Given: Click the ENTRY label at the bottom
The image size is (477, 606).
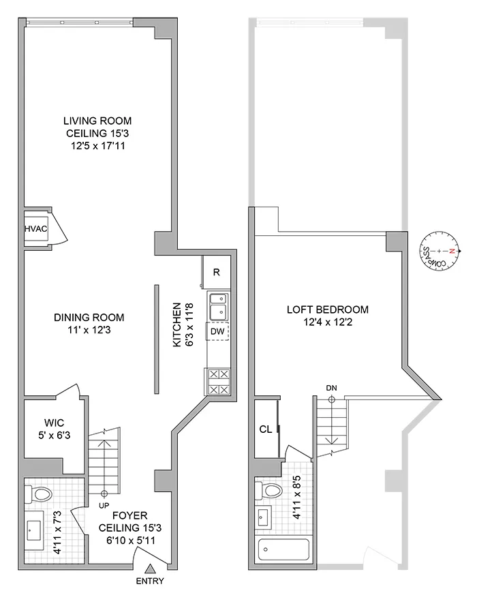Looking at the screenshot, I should pyautogui.click(x=150, y=581).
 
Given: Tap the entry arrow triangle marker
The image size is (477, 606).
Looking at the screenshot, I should pyautogui.click(x=150, y=569).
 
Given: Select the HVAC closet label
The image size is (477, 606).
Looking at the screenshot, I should pyautogui.click(x=36, y=229).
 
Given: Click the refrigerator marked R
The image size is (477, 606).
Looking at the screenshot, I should pyautogui.click(x=216, y=272).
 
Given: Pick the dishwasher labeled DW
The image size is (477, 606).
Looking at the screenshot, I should pyautogui.click(x=217, y=331).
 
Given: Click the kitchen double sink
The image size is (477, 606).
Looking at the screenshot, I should pyautogui.click(x=217, y=305).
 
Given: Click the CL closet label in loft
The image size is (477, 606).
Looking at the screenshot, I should pyautogui.click(x=266, y=429).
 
